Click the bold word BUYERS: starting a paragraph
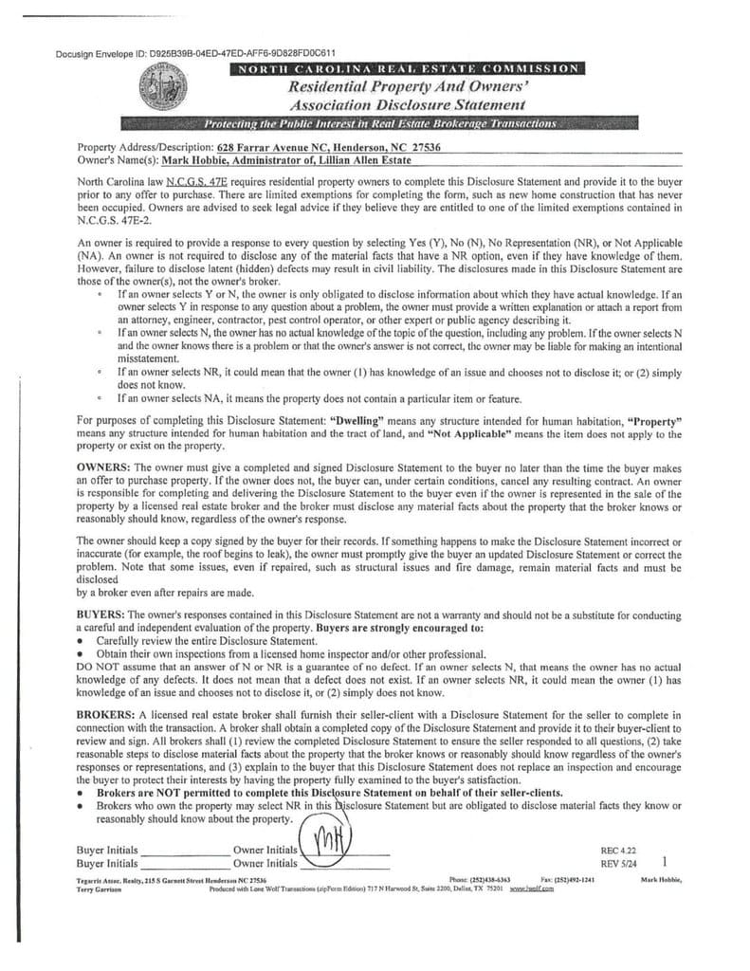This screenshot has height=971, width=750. click(x=101, y=615)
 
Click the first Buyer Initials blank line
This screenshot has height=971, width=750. click(x=184, y=852)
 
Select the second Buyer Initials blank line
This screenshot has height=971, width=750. click(x=184, y=867)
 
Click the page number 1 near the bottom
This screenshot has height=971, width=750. click(x=668, y=862)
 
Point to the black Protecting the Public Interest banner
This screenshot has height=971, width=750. click(x=380, y=125)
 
